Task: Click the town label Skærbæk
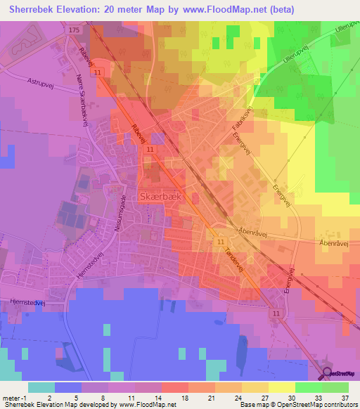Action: click(161, 197)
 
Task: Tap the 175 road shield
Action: click(75, 30)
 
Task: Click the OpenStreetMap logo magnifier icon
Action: click(328, 375)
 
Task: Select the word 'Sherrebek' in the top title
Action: click(34, 9)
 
